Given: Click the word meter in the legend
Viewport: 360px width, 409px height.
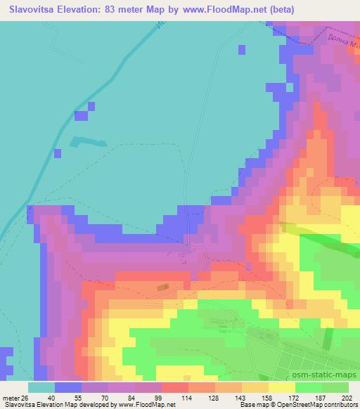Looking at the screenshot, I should point(10,398).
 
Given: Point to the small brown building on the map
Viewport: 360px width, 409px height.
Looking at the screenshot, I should point(163,287).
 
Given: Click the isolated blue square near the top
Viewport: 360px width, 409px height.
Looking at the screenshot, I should point(243,49).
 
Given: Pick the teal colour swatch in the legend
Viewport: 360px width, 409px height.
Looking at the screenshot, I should point(41,387).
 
